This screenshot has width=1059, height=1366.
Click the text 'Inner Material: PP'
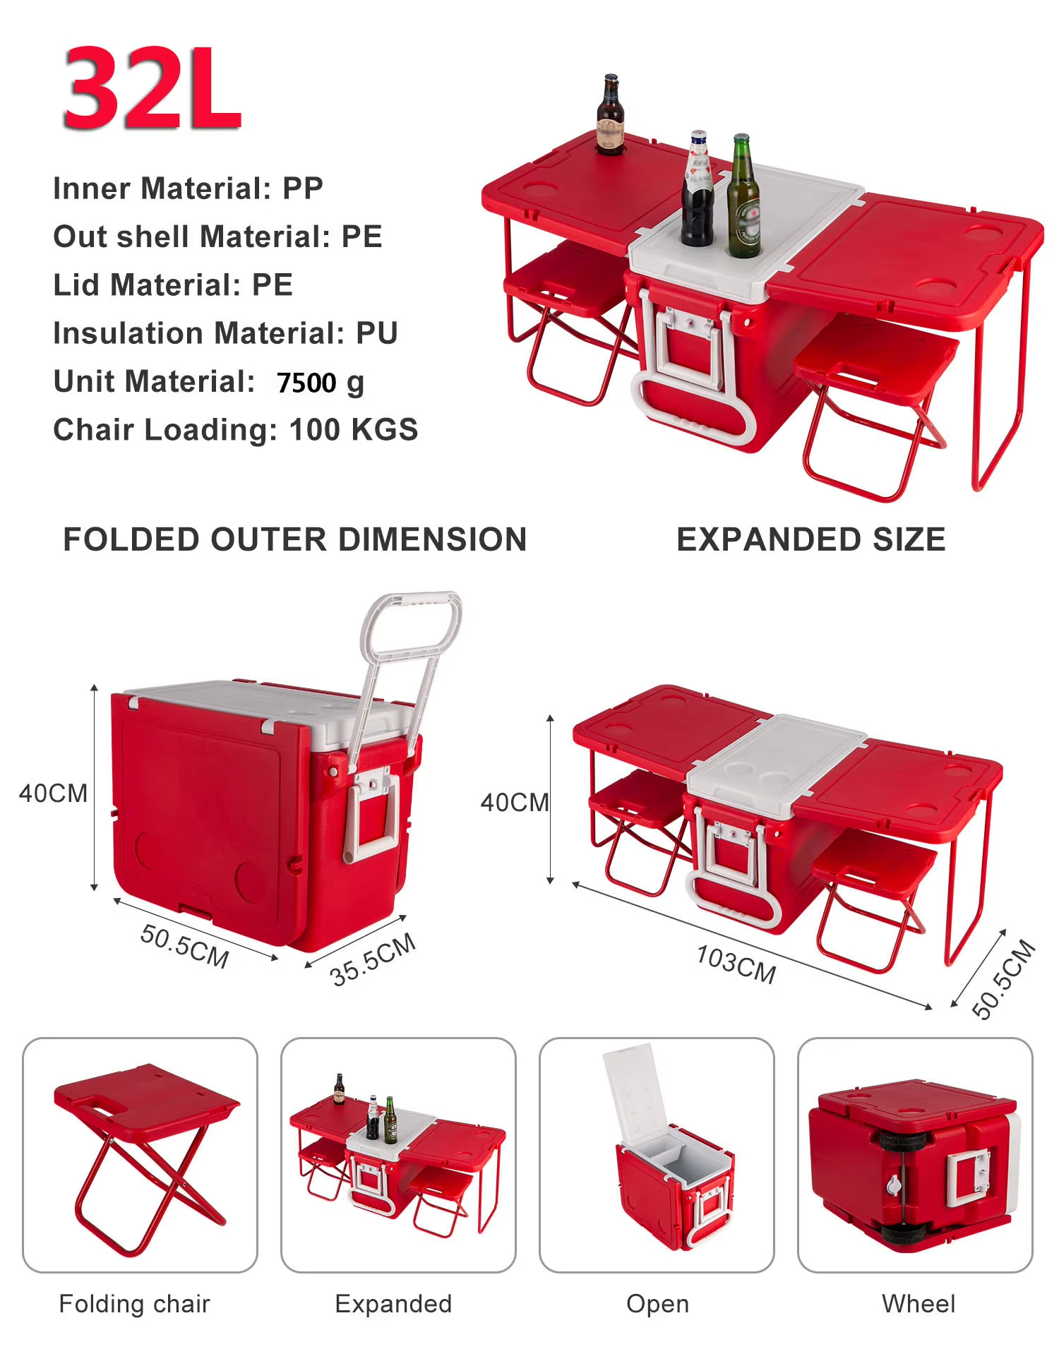[189, 188]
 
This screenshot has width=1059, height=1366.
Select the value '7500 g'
[321, 383]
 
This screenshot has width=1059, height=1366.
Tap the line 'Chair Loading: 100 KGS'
[236, 429]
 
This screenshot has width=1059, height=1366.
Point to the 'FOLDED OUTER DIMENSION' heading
[295, 539]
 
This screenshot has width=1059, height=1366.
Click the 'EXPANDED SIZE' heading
[811, 539]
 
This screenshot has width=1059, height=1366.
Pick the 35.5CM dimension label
[373, 959]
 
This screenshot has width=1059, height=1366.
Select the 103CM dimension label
[736, 964]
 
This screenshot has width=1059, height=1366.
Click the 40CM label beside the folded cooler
[53, 793]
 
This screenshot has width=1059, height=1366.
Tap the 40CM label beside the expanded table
[515, 802]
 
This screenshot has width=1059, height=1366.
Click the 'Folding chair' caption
[135, 1304]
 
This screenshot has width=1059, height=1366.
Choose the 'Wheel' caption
[919, 1304]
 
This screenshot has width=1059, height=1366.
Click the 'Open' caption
[657, 1305]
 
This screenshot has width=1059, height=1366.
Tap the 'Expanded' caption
[393, 1305]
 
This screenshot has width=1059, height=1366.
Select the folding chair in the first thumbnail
[147, 1158]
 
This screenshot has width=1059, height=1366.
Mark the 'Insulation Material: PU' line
[226, 333]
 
